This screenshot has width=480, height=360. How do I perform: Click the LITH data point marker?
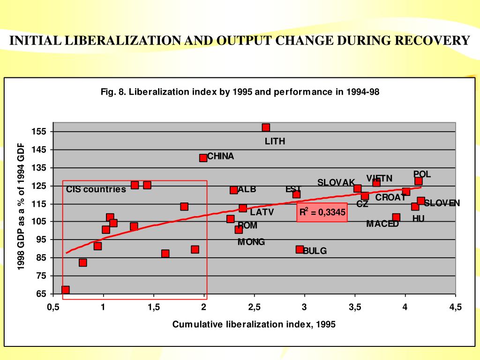coord(266,127)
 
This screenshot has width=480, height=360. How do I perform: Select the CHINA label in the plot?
coord(220,156)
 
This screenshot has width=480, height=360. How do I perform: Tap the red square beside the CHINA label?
coord(203,158)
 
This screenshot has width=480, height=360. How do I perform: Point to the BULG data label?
coord(315,251)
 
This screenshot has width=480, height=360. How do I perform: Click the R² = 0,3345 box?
coord(322,212)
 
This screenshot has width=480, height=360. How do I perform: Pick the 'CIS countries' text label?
coord(96,189)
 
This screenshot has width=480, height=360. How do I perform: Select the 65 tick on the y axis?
coord(41,294)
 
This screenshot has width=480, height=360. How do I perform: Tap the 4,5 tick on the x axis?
coord(455,307)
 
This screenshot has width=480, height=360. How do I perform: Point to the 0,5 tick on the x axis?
coord(52,307)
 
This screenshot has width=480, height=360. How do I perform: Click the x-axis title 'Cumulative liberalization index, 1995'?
coord(254,324)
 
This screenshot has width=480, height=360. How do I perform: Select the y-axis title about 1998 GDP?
coord(21,207)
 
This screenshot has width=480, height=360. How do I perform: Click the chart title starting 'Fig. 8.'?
coord(240,92)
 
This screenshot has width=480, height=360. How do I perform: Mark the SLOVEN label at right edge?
coord(442,203)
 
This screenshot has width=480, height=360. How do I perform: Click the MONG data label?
coord(251,242)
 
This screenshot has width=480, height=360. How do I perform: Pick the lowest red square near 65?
coord(66,290)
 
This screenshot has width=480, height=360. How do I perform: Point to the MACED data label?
coord(382,224)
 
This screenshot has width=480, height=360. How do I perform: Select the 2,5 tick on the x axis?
coord(254,307)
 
